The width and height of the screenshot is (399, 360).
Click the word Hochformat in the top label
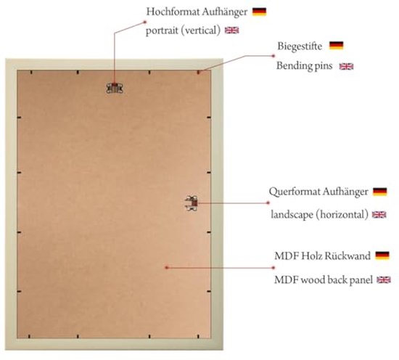[x=173, y=12]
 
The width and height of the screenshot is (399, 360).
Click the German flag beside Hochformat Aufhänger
[x=259, y=12]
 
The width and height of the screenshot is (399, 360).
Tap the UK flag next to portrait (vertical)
[x=232, y=30]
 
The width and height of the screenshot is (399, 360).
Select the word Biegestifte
[x=300, y=46]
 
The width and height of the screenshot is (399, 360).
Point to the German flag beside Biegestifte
[x=337, y=46]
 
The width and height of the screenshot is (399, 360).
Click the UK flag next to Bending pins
[x=346, y=67]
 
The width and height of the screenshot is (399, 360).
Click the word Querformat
[x=292, y=192]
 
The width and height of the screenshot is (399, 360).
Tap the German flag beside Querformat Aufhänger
[x=380, y=192]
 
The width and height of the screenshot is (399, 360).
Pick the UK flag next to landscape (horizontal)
[x=379, y=215]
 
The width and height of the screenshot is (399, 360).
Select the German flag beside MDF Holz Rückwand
[x=382, y=255]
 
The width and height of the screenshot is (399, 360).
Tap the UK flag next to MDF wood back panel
[x=384, y=280]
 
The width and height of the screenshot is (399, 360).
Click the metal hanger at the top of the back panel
[x=115, y=88]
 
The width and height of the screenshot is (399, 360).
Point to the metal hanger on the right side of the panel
[x=192, y=203]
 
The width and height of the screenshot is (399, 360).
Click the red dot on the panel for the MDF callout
[x=167, y=268]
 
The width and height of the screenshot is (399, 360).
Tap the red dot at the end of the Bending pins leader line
[x=273, y=56]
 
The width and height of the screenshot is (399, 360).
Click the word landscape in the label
[x=292, y=214]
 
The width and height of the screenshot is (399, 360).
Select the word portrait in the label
[x=162, y=30]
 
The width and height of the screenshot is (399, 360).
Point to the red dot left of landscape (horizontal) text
[x=268, y=203]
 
